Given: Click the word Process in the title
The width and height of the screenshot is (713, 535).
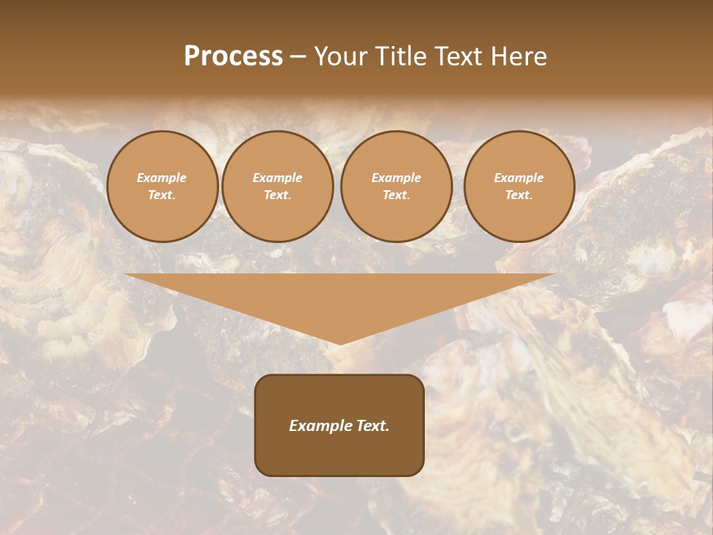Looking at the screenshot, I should click(233, 56).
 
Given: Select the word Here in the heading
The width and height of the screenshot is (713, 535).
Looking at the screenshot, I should click(517, 56).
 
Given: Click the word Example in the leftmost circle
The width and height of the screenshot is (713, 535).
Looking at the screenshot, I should click(162, 178).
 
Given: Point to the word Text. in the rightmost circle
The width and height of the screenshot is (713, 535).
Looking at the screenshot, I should click(518, 195).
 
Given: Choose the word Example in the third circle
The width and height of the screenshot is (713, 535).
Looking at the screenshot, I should click(396, 178).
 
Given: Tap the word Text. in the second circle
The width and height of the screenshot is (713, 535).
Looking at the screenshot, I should click(277, 195).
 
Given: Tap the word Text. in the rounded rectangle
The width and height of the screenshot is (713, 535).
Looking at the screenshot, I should click(372, 426).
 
